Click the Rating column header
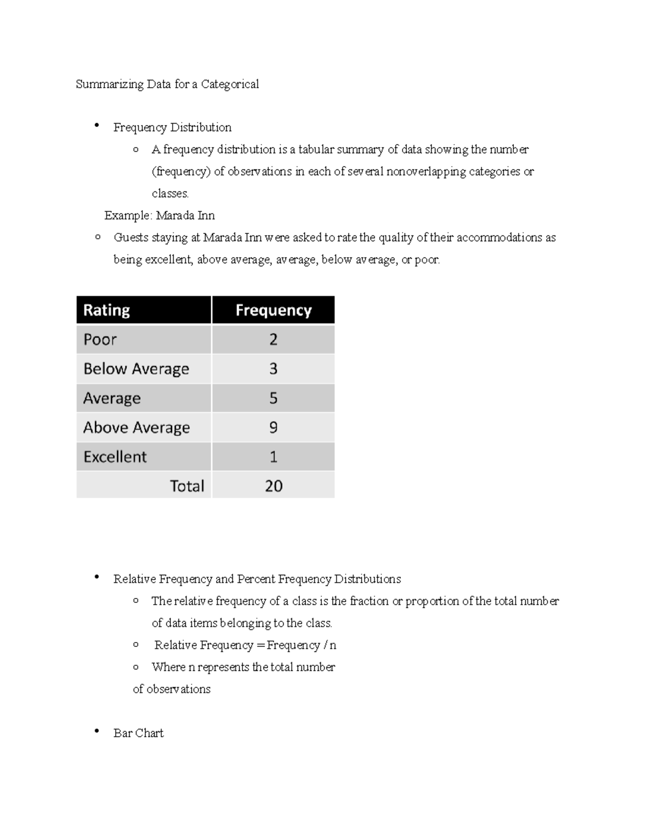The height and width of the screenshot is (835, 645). (106, 310)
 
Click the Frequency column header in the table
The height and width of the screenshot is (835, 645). (273, 310)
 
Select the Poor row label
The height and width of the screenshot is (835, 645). (100, 340)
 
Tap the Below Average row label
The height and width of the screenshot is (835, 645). (136, 369)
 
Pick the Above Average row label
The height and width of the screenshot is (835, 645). (137, 427)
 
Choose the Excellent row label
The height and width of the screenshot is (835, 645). (115, 457)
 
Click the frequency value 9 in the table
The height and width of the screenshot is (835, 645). (273, 427)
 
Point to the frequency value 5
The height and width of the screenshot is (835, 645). (273, 398)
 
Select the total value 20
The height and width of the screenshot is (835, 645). (273, 486)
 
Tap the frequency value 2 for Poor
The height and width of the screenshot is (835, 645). (273, 340)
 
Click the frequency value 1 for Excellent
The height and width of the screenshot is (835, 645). (273, 457)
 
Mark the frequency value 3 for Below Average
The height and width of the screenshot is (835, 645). (273, 369)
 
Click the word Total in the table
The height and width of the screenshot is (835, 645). (187, 486)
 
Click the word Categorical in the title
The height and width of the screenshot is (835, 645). (230, 84)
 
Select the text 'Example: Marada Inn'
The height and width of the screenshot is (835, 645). (160, 216)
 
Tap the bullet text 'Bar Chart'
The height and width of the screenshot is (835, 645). (138, 733)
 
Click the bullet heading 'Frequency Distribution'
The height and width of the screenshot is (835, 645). (172, 127)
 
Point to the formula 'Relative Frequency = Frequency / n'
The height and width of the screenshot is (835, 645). (245, 645)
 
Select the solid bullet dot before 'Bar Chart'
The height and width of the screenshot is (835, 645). (97, 731)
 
